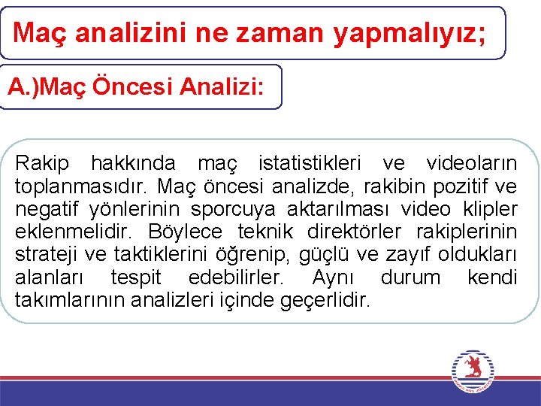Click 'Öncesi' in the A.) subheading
point(134,87)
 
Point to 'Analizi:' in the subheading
point(223,87)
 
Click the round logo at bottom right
point(473,371)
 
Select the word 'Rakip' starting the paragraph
point(42,163)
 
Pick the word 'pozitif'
point(466,186)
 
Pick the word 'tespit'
point(135,277)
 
